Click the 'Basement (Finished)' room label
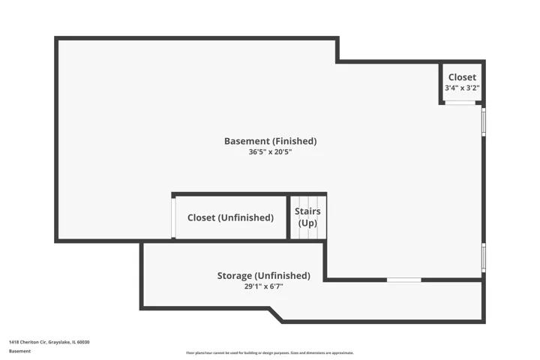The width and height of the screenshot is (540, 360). point(270,141)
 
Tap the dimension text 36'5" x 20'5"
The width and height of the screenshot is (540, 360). point(270,152)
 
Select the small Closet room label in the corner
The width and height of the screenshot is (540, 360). point(462,77)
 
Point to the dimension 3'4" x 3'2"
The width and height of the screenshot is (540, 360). point(462,88)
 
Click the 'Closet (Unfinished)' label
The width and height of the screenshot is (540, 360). point(230,217)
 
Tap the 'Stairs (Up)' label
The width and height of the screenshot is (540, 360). point(307,217)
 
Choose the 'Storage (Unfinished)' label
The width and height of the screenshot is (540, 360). point(264,275)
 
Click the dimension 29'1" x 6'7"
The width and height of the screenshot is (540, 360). point(264,286)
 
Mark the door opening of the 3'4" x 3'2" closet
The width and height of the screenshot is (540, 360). point(460,103)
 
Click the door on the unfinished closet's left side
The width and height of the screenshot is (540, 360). point(173,217)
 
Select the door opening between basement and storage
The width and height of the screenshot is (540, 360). point(404,280)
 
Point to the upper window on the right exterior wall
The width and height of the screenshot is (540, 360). point(484,122)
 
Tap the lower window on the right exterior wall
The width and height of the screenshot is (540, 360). point(484,258)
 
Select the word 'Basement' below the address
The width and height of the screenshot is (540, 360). point(19,351)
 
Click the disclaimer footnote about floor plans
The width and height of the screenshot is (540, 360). point(270,352)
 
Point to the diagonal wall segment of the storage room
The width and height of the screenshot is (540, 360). point(276,315)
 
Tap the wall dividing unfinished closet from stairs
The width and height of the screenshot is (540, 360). point(289,217)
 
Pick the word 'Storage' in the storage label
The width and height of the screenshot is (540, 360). point(235,276)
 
